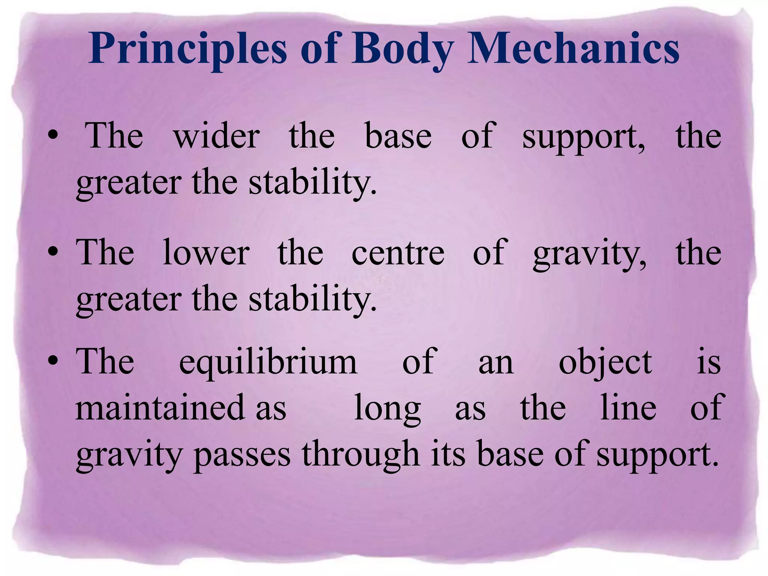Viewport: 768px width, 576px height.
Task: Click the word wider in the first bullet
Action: [x=216, y=136]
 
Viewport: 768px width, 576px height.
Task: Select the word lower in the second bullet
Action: [x=206, y=253]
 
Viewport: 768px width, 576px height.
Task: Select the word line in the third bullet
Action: [x=628, y=407]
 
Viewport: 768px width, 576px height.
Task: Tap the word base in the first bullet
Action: [x=398, y=136]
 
